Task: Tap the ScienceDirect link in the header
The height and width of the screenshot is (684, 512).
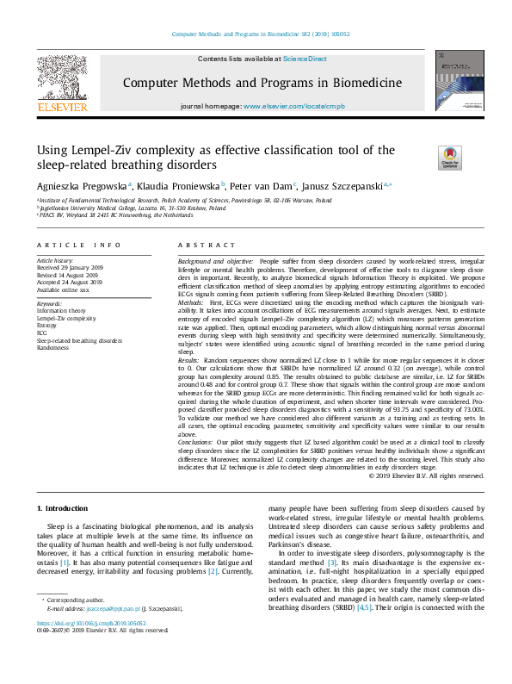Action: point(306,59)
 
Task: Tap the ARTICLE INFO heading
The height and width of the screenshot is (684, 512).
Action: point(78,245)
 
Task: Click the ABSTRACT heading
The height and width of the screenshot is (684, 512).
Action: point(199,245)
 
